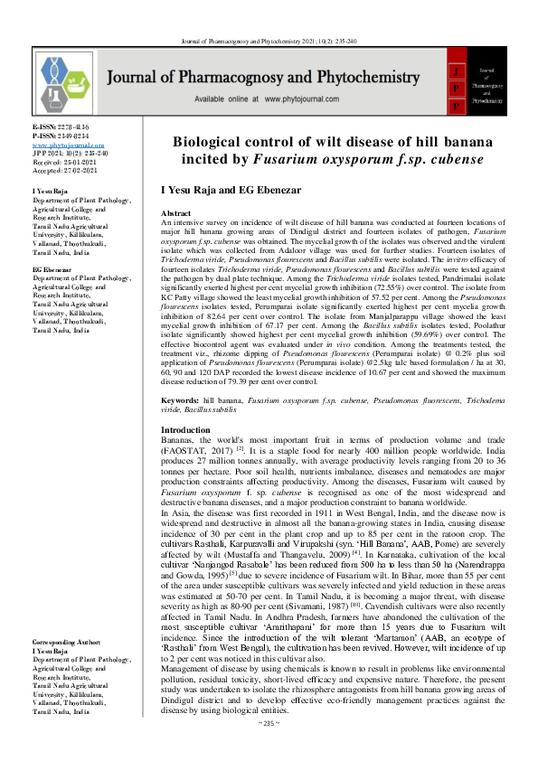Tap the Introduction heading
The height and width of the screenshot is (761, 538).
tap(185, 429)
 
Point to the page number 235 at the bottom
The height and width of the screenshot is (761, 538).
tap(269, 747)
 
